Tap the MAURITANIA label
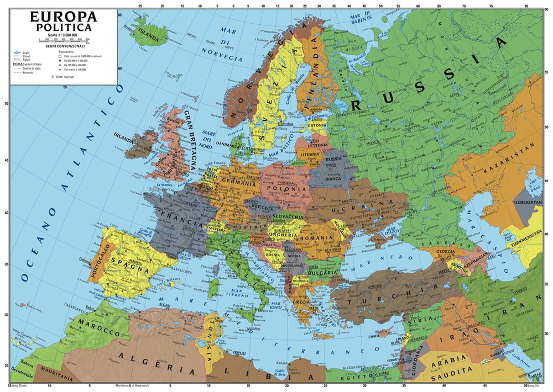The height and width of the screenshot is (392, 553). click(52, 379)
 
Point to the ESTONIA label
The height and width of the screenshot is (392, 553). click(317, 125)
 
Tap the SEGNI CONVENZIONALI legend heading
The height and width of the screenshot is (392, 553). click(64, 47)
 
